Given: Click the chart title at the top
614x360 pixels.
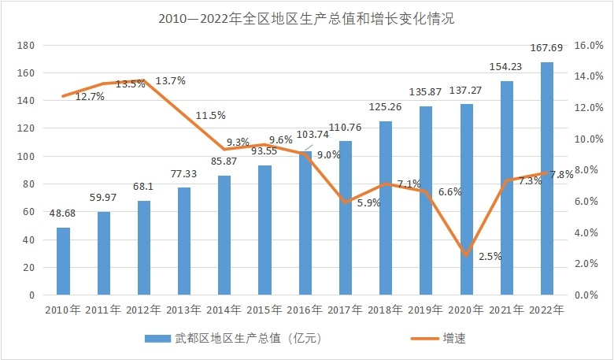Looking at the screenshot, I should point(306,18).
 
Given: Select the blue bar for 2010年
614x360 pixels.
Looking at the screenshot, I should point(63,261).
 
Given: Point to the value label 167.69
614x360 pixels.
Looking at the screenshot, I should point(546,49).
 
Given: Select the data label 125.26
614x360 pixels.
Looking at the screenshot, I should point(385,107).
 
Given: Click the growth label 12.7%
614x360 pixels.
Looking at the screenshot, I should point(91,97).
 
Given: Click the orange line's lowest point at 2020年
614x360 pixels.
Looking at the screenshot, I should point(466,255).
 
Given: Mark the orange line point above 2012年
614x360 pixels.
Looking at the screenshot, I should point(143,80).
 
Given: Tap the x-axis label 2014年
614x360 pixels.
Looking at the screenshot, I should point(224,310).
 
